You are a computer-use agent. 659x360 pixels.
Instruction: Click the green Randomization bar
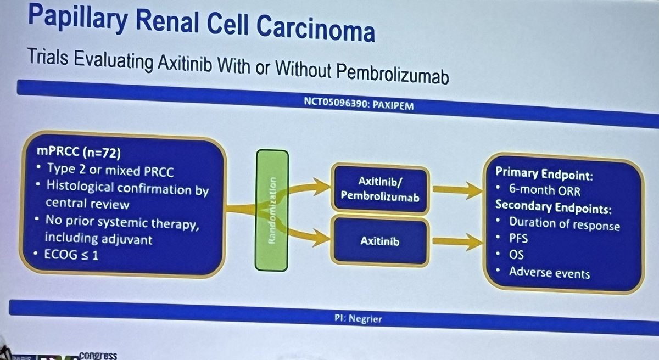[272, 211]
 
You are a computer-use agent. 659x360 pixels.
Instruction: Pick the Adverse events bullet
[549, 272]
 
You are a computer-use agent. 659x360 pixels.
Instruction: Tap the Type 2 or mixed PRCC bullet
[110, 171]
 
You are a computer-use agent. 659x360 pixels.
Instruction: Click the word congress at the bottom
[98, 355]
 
